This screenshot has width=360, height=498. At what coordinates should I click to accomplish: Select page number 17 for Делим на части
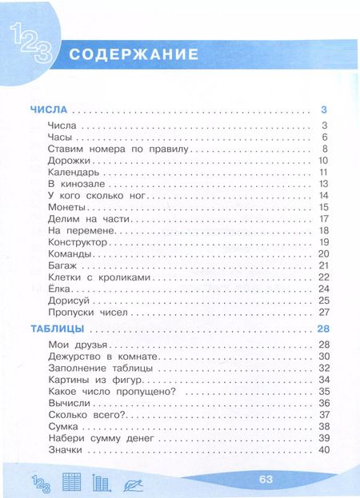pyautogui.click(x=324, y=219)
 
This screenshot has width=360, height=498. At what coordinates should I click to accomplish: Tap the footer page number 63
pyautogui.click(x=266, y=479)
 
